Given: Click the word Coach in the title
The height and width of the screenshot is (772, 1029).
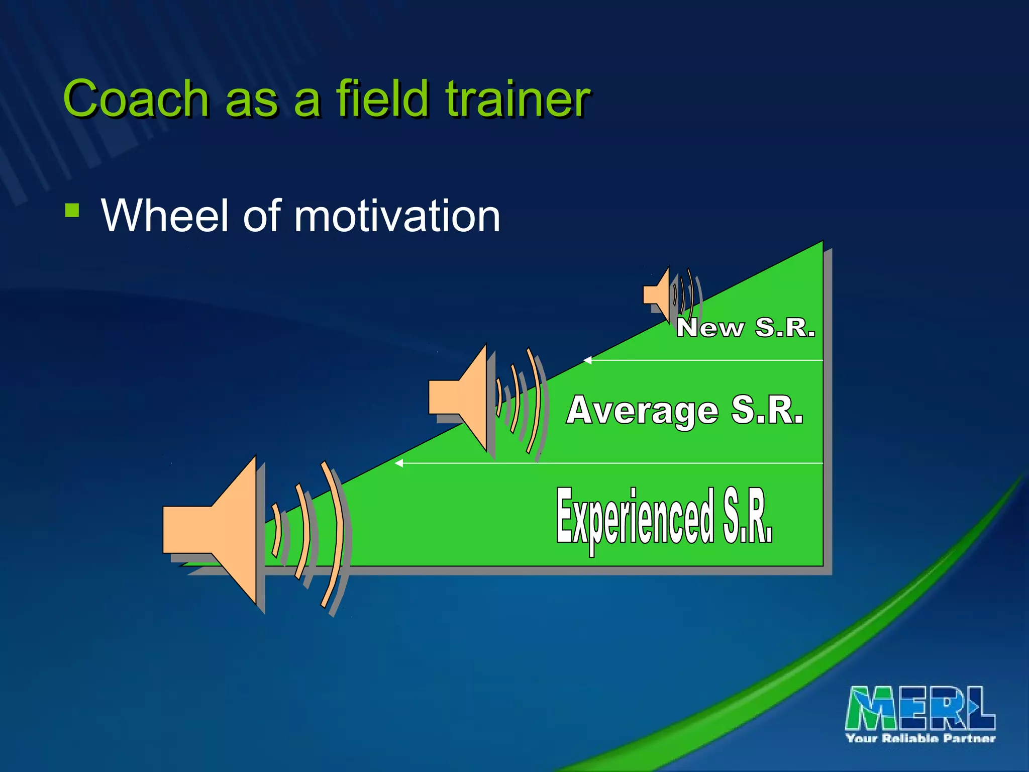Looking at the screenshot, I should (x=136, y=99).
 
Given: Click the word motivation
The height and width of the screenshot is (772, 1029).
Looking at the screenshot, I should (x=397, y=216).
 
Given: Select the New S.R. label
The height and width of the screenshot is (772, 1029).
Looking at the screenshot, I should (x=745, y=328).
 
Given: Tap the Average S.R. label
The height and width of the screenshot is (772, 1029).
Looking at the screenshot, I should (x=685, y=411).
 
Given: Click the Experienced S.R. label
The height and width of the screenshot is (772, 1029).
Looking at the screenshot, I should (x=664, y=518).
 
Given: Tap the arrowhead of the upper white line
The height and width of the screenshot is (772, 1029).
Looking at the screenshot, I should (x=587, y=360).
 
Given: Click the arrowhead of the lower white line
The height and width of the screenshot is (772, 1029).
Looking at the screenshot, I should (x=399, y=463).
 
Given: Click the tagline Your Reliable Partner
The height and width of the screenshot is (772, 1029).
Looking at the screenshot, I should (x=920, y=738).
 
